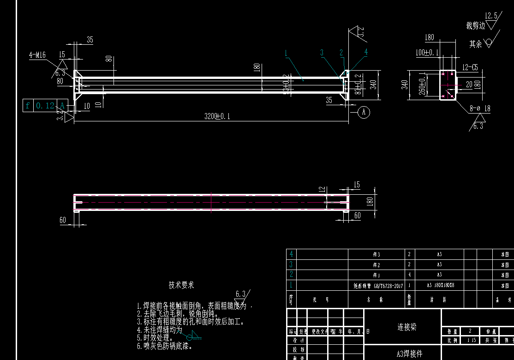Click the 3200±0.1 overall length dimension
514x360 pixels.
click(x=217, y=116)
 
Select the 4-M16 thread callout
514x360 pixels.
click(x=37, y=55)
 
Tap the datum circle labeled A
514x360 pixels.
click(x=364, y=112)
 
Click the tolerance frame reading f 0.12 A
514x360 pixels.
click(x=45, y=106)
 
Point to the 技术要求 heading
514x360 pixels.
click(x=181, y=285)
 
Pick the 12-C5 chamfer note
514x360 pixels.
click(x=469, y=67)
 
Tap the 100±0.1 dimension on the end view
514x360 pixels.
click(x=427, y=53)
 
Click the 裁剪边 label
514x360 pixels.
click(x=475, y=26)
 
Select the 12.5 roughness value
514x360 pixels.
click(x=491, y=16)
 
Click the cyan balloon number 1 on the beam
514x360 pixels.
click(x=286, y=53)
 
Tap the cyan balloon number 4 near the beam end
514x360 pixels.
click(x=366, y=52)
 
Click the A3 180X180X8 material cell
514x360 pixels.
click(x=439, y=286)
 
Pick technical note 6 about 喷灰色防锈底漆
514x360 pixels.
click(x=165, y=346)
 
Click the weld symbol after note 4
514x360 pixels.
click(x=193, y=335)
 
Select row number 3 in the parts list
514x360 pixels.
click(x=291, y=264)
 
